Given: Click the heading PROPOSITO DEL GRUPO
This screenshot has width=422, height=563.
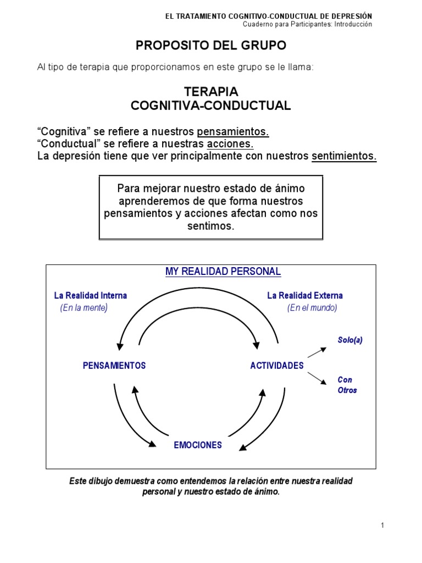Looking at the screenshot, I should [211, 45].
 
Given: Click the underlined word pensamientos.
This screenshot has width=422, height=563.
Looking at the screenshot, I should [233, 132].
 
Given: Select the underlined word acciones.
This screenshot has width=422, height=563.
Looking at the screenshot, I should [230, 144].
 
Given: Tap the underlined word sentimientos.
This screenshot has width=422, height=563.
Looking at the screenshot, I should [344, 156].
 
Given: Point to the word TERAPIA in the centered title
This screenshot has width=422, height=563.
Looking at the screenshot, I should [211, 91].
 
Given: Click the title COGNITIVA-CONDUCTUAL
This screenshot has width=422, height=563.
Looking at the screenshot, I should [211, 106].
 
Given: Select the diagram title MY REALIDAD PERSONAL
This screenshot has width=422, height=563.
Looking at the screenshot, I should [223, 272].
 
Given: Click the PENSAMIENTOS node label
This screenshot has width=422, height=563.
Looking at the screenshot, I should [114, 366].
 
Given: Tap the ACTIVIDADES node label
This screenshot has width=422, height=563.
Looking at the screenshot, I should [277, 366].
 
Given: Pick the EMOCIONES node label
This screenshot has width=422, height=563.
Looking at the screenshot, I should [198, 445].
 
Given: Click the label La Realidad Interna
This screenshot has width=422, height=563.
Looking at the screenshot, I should [90, 296].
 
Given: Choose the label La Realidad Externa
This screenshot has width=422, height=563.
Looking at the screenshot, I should [305, 296].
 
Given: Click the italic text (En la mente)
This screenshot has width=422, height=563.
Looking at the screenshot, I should [84, 308].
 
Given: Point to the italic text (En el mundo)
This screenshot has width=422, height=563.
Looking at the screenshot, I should [312, 308].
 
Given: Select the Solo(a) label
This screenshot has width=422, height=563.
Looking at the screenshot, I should [350, 340].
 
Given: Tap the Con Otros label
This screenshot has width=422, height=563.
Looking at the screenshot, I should [347, 385].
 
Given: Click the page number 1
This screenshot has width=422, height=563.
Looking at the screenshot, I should [382, 525].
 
